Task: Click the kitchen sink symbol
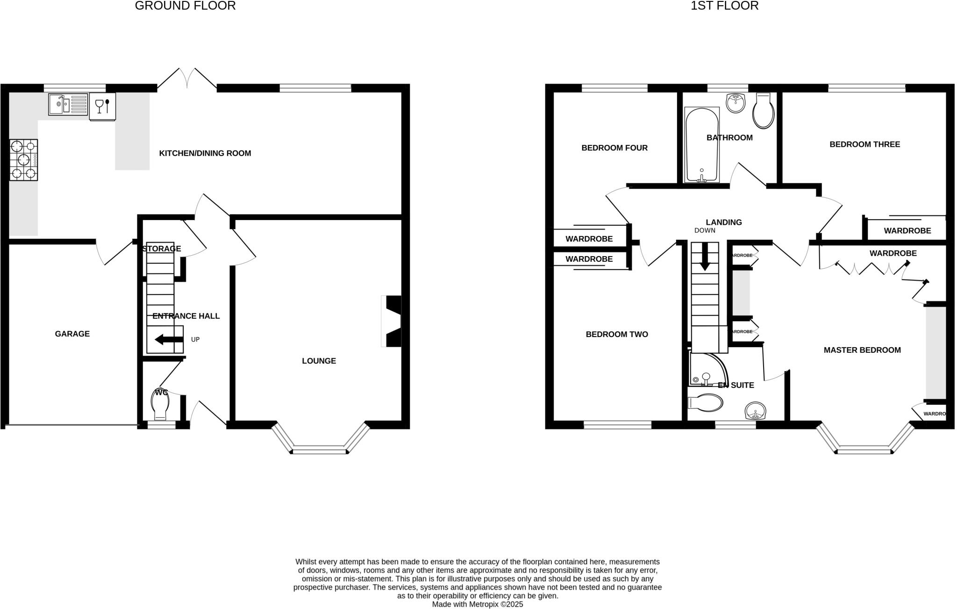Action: coord(68,104)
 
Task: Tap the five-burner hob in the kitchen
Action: coord(23,160)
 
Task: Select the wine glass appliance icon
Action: coord(102,107)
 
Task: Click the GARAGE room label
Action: coord(72,334)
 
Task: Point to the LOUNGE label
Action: coord(319,361)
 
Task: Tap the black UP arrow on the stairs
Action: coord(169,339)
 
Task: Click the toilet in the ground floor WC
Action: coord(160,405)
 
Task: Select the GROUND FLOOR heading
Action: coord(185,6)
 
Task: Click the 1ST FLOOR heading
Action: coord(725,6)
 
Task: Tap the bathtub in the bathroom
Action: coord(701,145)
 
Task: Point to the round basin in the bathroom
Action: coord(736,103)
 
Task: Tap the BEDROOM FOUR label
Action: coord(614,148)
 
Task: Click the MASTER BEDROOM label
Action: coord(862,350)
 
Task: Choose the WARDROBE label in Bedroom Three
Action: coord(907,231)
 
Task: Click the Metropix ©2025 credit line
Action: coord(477,604)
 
